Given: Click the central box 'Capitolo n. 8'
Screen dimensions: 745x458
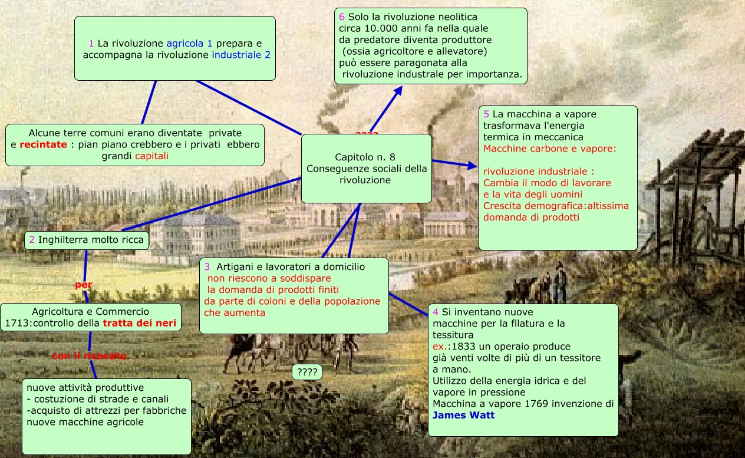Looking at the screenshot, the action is (366, 169).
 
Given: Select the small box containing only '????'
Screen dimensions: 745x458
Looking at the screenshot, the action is (307, 373).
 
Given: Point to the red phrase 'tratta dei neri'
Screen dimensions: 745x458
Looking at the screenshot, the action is (140, 323).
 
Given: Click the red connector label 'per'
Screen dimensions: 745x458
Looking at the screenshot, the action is (84, 285).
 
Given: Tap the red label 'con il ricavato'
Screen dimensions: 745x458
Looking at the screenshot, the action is (89, 356).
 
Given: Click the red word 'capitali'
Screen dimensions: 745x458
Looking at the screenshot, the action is (151, 156).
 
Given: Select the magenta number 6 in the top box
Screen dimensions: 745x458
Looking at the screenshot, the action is (342, 17).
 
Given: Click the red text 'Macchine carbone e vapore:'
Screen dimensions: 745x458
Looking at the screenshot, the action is (549, 149).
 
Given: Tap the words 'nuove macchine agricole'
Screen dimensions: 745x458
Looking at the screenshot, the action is (85, 422).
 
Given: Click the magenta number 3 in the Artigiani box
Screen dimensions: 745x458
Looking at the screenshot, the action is (207, 267).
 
